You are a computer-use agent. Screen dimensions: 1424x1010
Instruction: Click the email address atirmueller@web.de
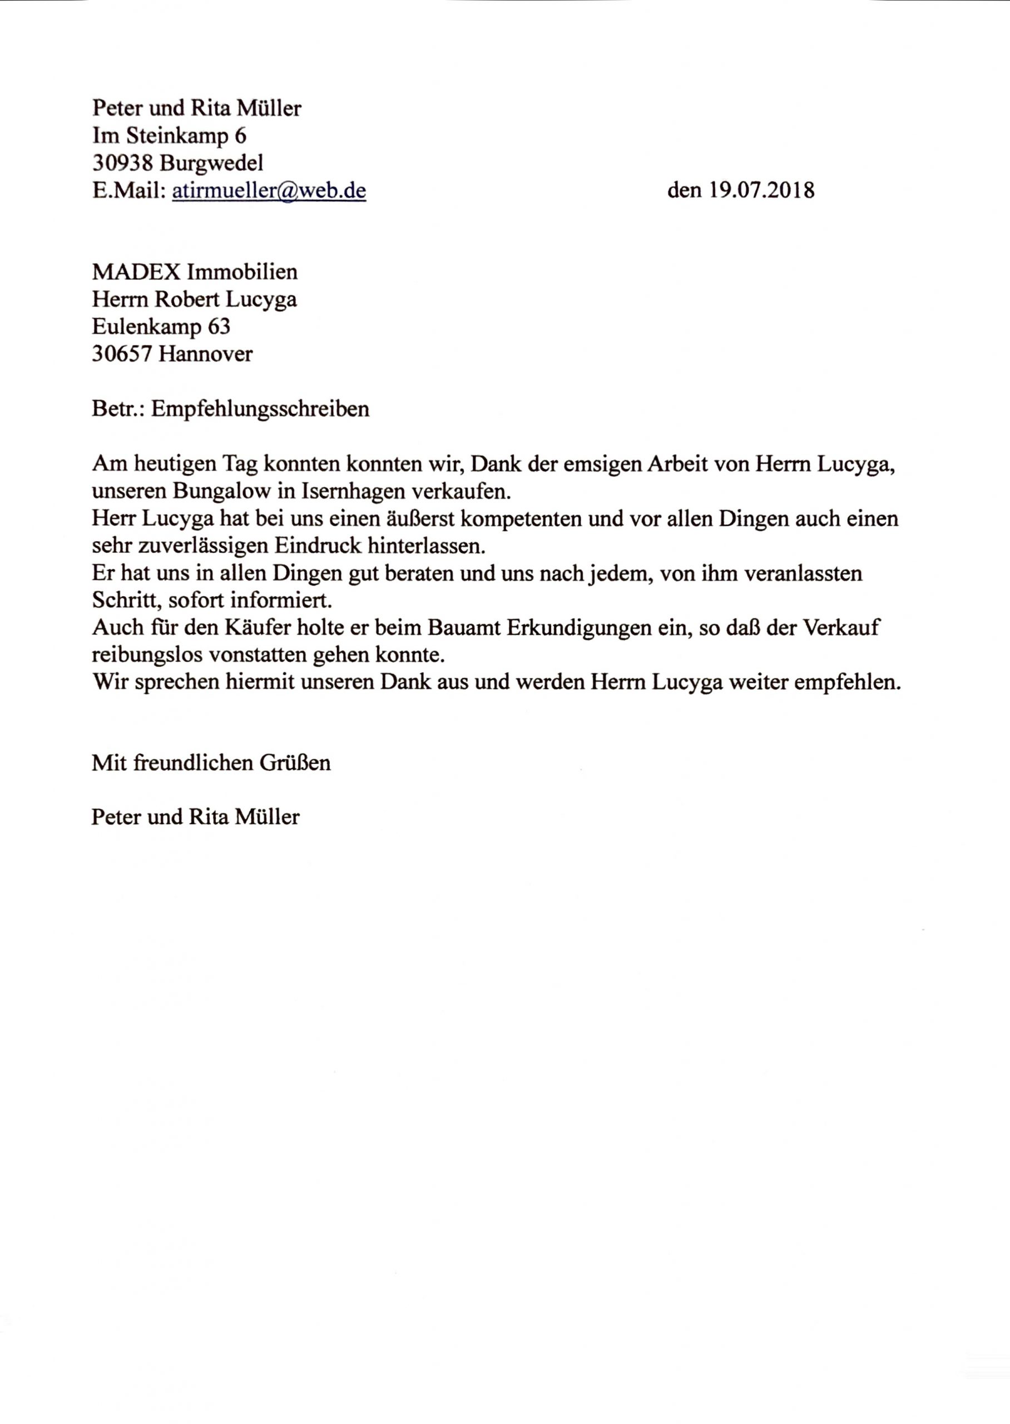pyautogui.click(x=269, y=190)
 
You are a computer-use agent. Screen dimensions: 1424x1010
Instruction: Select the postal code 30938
pyautogui.click(x=123, y=163)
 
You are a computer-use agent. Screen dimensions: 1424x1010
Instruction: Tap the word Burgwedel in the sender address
pyautogui.click(x=211, y=163)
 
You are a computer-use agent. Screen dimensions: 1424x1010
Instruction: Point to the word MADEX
pyautogui.click(x=136, y=272)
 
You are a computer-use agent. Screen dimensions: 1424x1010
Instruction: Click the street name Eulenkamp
pyautogui.click(x=147, y=327)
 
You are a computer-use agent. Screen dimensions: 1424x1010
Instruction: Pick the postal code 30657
pyautogui.click(x=122, y=354)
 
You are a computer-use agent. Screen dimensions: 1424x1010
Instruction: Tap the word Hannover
pyautogui.click(x=206, y=354)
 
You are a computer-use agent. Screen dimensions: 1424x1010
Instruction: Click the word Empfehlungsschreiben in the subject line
pyautogui.click(x=260, y=409)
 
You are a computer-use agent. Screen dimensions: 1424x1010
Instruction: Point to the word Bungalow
pyautogui.click(x=222, y=491)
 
